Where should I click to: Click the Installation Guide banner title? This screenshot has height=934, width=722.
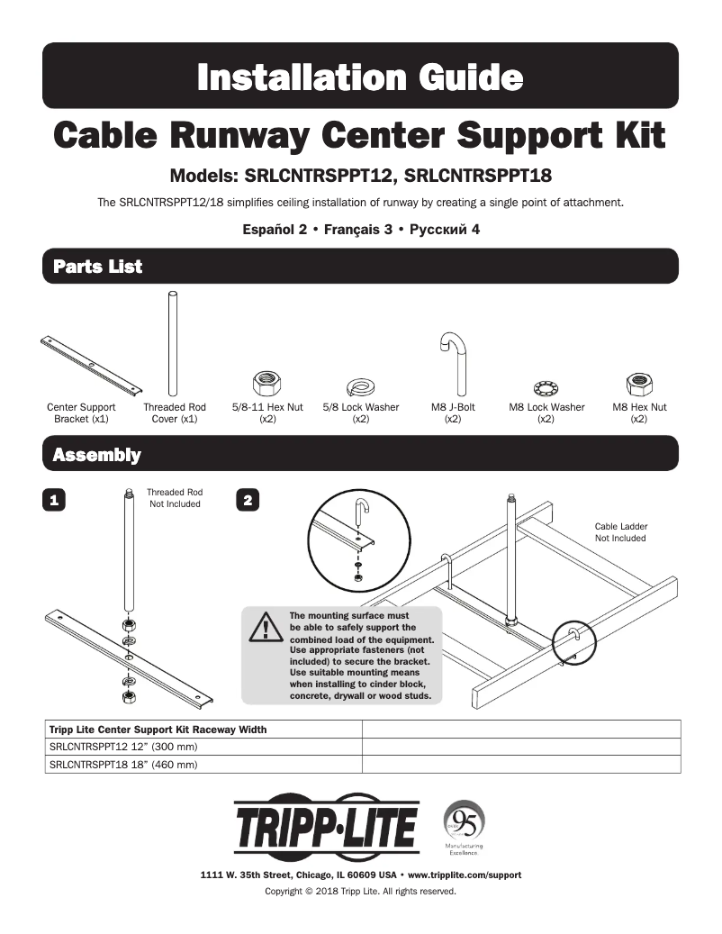pos(360,77)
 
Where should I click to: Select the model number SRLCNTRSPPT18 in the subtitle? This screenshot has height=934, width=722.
pos(489,174)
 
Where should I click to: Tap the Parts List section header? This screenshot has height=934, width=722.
pos(97,267)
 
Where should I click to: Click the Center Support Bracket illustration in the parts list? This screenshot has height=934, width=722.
pos(90,367)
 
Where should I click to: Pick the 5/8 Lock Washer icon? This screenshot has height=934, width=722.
pos(360,387)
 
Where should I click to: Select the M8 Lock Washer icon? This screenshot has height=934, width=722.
pos(546,388)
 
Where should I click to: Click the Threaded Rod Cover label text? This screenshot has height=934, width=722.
pos(175,413)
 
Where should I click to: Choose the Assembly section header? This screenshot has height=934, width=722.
pos(96,455)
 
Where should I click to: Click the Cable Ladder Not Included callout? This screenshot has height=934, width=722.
pos(620,531)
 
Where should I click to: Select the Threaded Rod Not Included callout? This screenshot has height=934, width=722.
pos(175,498)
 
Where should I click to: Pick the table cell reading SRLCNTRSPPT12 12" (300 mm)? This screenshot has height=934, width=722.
pos(122,747)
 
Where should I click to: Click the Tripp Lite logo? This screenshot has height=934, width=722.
pos(327,827)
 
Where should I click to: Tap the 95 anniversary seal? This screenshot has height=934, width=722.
pos(465,820)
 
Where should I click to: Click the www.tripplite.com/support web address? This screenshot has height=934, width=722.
pos(465,875)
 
